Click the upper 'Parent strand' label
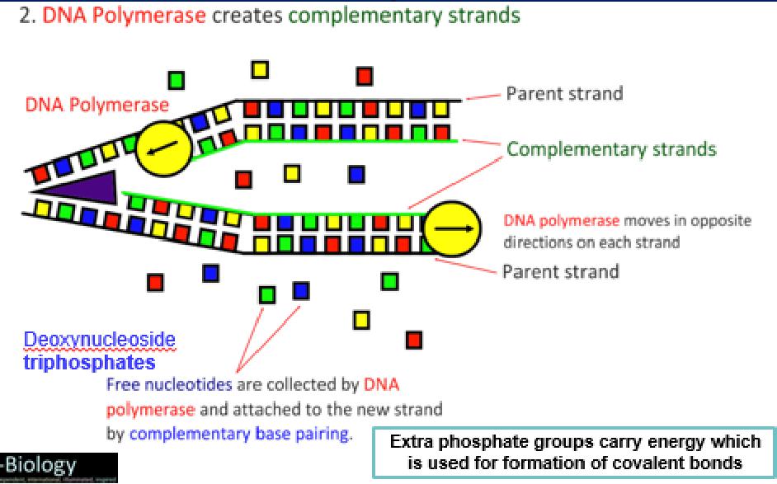tap(564, 93)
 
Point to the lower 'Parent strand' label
tap(561, 270)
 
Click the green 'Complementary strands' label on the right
tap(611, 149)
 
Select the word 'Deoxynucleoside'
tap(100, 340)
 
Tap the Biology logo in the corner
tap(62, 468)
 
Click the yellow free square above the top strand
tap(260, 69)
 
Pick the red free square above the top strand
tap(365, 76)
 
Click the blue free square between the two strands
tap(356, 174)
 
